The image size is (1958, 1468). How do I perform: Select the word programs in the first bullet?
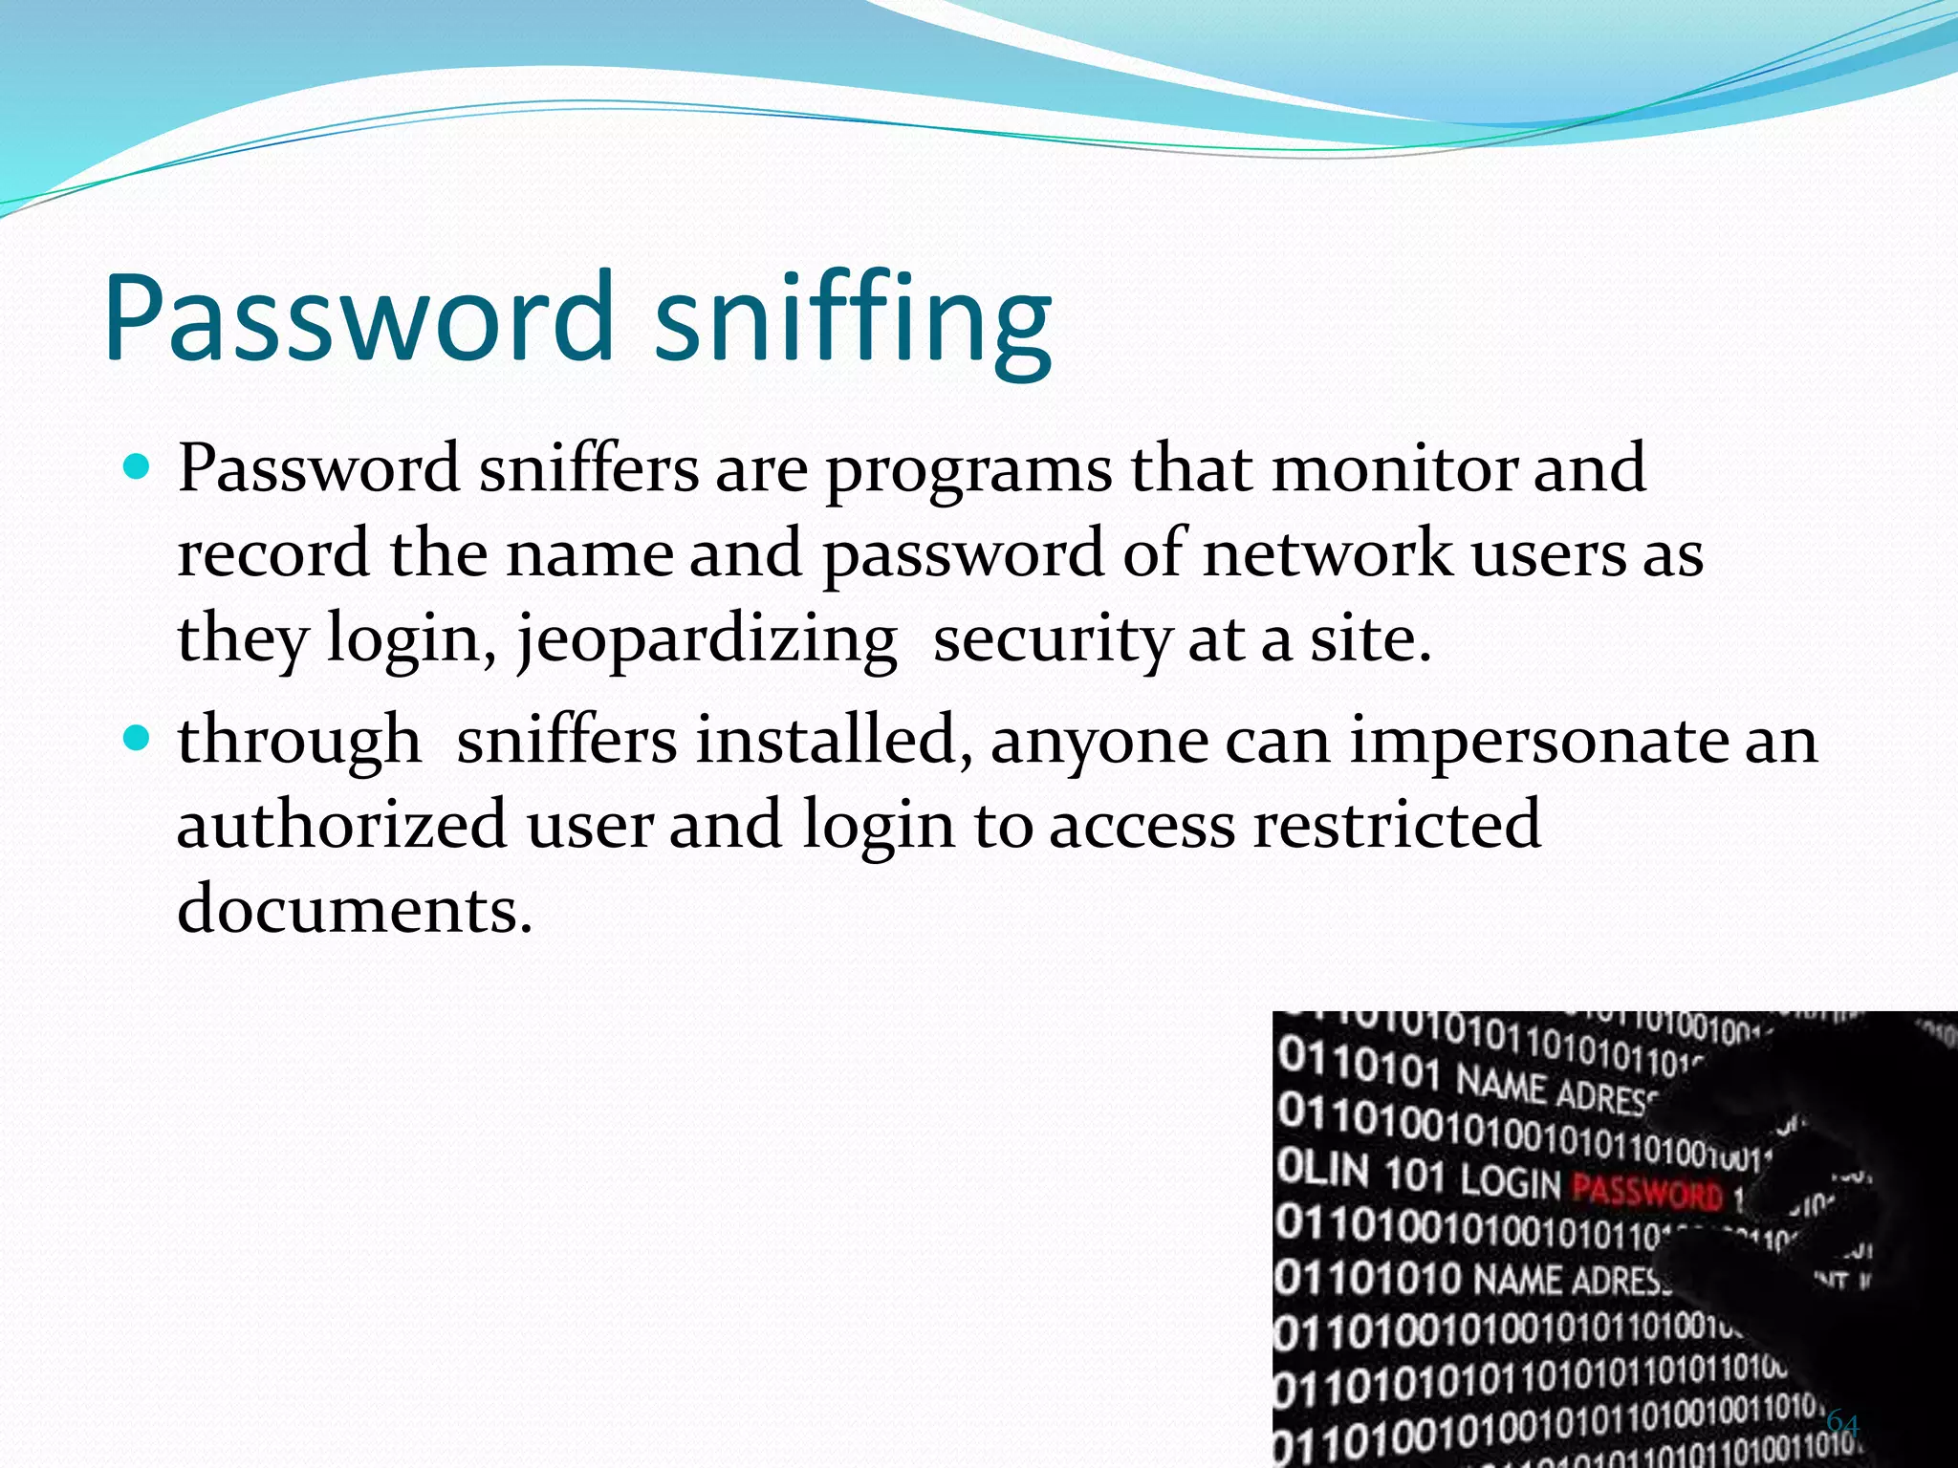(x=968, y=470)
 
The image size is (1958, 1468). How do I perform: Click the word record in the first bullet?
(x=273, y=553)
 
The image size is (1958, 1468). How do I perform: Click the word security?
(x=1051, y=638)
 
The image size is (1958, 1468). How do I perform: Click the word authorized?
(x=341, y=824)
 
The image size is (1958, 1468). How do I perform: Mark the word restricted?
(x=1396, y=824)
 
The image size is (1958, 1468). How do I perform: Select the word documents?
(x=354, y=908)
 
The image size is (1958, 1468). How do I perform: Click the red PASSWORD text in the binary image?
(x=1646, y=1193)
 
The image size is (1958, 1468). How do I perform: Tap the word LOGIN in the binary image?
(x=1510, y=1183)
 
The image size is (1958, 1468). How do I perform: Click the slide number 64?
(x=1842, y=1423)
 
